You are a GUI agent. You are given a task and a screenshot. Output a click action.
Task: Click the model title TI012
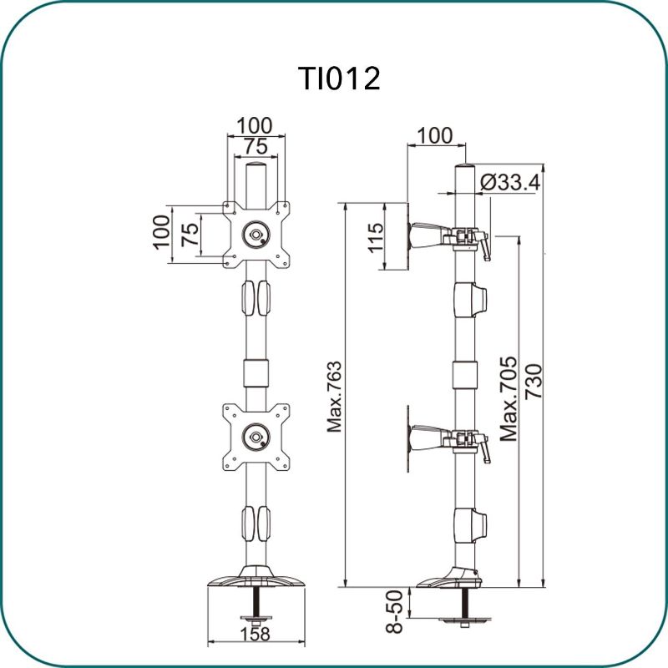340,78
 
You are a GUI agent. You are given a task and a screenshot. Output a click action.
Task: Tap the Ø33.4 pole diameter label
510,183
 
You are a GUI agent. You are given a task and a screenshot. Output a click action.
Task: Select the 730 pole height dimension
534,382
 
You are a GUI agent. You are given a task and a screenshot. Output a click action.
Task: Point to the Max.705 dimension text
509,399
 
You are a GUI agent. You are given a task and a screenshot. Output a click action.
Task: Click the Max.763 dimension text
335,397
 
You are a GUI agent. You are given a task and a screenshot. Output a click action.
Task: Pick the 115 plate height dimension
376,238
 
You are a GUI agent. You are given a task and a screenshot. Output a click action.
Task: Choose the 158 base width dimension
256,634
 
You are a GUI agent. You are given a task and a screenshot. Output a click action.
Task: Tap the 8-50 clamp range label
394,611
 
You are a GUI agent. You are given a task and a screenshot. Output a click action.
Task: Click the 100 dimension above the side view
434,136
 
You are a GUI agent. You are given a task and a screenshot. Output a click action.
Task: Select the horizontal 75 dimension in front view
256,147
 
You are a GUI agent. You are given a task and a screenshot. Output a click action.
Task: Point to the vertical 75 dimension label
190,234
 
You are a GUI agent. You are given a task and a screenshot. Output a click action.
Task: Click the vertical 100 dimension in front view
162,232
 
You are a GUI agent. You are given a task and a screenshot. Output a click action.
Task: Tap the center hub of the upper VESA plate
256,234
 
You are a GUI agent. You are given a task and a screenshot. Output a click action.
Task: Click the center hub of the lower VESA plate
256,437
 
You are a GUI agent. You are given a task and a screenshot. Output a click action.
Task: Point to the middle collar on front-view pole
256,373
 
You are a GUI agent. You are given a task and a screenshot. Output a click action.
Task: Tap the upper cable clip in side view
470,300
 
